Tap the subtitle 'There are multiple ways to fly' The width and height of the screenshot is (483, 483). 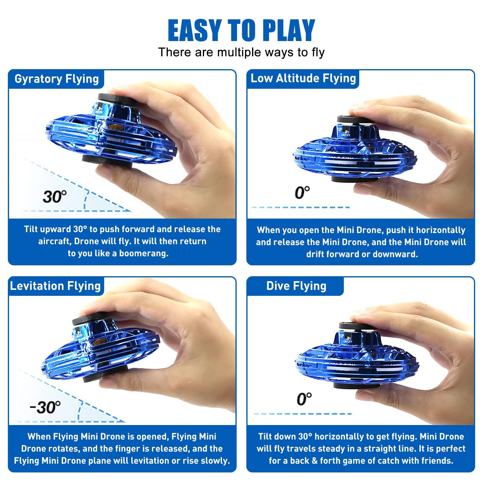241,52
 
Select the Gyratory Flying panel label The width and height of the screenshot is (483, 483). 57,79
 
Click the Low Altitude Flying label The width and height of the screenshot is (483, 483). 303,78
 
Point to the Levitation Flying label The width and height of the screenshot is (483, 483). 56,286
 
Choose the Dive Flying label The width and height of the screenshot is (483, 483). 296,286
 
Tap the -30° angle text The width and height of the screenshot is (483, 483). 45,407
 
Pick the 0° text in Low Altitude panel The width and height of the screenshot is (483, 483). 302,192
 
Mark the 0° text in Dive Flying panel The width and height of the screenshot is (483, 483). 304,399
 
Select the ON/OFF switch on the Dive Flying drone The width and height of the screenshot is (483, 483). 347,339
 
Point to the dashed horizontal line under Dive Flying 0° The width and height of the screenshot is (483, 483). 302,414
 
